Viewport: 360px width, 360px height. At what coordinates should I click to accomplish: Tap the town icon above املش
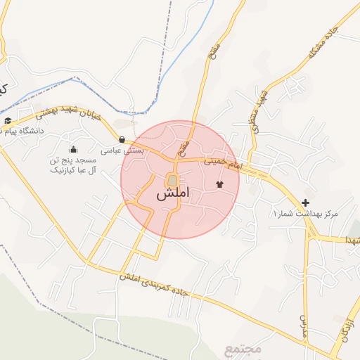tap(172, 180)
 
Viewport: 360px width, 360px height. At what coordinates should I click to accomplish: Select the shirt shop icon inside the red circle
tap(219, 184)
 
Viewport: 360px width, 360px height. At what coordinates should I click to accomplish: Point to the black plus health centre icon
tap(305, 202)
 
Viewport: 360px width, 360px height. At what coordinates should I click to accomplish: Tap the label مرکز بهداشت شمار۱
tap(305, 213)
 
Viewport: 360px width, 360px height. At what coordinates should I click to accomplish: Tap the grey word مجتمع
tap(243, 348)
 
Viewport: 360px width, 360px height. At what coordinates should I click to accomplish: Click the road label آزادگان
tap(346, 327)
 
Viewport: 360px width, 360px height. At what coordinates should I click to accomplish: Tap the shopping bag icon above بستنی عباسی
tap(123, 139)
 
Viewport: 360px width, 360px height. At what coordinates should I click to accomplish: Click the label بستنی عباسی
tap(122, 150)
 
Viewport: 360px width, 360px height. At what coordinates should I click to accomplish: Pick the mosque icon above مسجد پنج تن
tap(73, 149)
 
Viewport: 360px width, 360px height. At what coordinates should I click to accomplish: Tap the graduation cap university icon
tap(8, 121)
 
